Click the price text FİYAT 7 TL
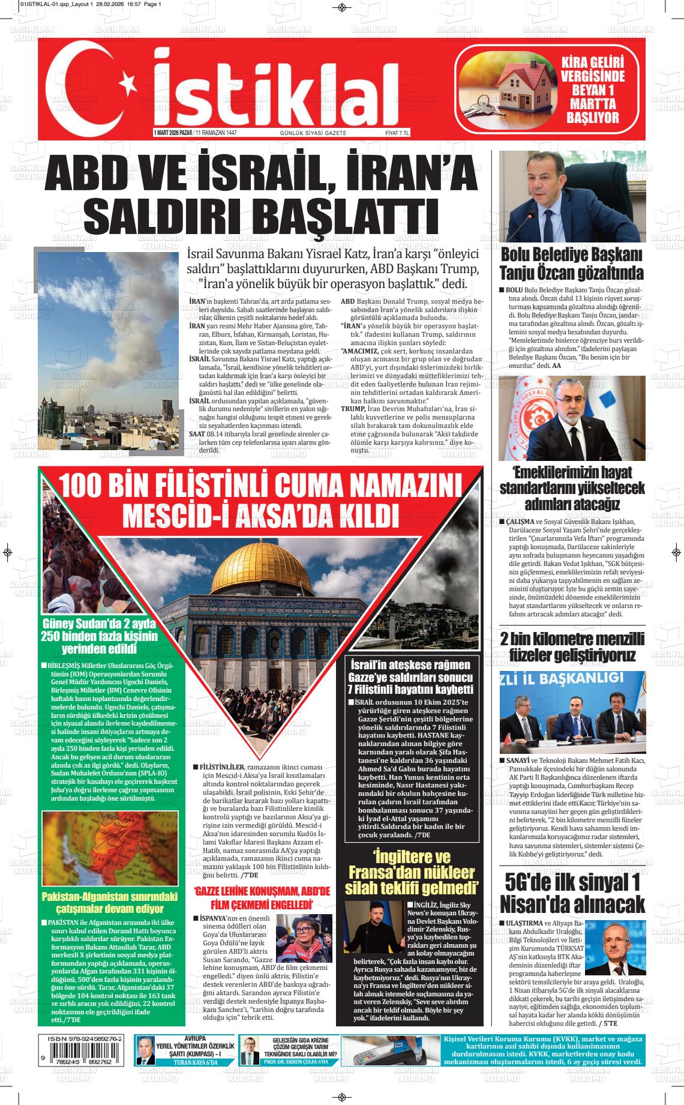[397, 133]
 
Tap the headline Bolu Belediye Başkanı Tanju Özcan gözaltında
[572, 263]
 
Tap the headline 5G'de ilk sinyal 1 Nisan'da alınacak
[572, 893]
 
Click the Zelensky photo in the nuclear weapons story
[373, 928]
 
